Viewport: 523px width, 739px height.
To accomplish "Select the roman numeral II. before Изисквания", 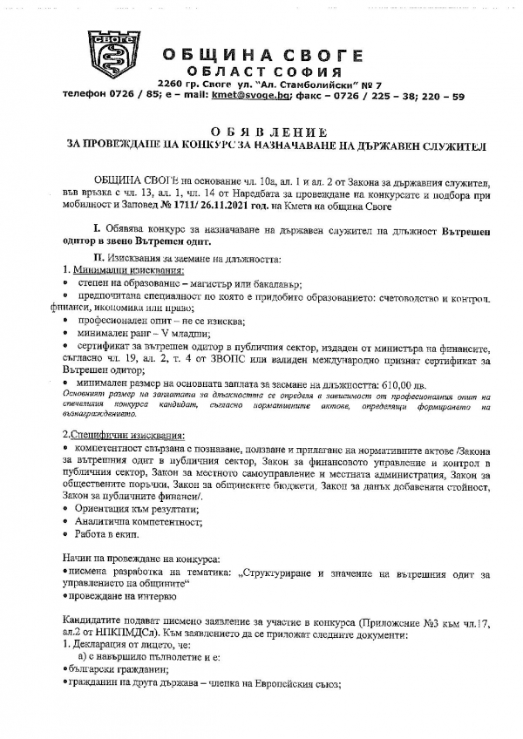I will coord(98,260).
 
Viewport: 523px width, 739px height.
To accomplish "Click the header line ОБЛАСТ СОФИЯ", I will coord(266,70).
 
